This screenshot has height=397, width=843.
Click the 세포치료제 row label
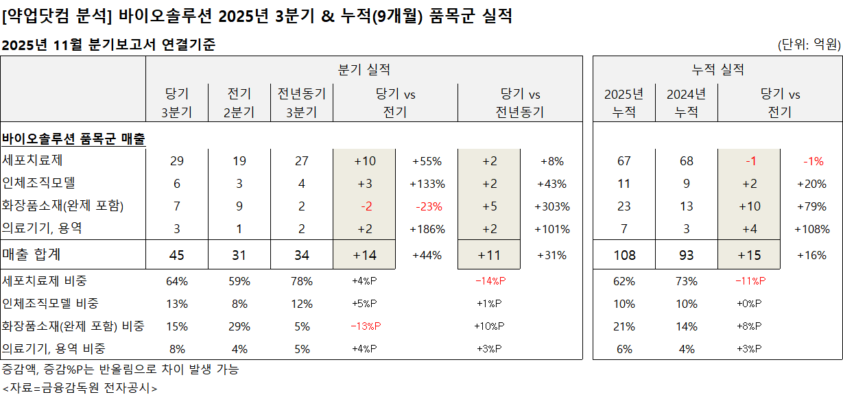click(29, 161)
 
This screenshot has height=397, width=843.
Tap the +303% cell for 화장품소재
click(551, 206)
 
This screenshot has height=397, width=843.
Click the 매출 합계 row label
click(32, 255)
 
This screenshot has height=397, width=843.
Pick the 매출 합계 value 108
click(624, 256)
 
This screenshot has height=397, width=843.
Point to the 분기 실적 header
click(364, 69)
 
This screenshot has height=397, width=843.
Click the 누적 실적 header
click(718, 69)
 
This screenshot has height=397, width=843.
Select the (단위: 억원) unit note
click(809, 45)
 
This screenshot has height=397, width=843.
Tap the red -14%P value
click(490, 281)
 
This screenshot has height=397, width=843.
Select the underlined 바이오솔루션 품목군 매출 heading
click(74, 139)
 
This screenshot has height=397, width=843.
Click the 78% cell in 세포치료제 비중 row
click(302, 281)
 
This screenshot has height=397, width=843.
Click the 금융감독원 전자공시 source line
click(80, 388)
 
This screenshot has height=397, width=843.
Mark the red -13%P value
click(364, 326)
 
